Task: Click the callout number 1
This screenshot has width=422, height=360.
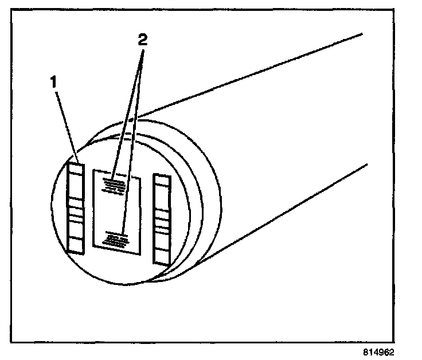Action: pos(53,82)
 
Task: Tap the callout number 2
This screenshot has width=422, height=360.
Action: pos(143,40)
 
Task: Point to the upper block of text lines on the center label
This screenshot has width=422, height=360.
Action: pos(115,185)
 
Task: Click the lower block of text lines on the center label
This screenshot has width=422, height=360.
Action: pos(116,237)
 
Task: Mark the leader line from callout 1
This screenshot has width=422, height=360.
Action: pos(67,123)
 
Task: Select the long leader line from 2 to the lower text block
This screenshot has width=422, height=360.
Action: pos(132,143)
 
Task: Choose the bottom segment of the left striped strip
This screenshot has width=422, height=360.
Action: pos(76,241)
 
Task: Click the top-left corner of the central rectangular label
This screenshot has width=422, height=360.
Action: pos(93,170)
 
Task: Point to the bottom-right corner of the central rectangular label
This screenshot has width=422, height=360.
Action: pos(138,253)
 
